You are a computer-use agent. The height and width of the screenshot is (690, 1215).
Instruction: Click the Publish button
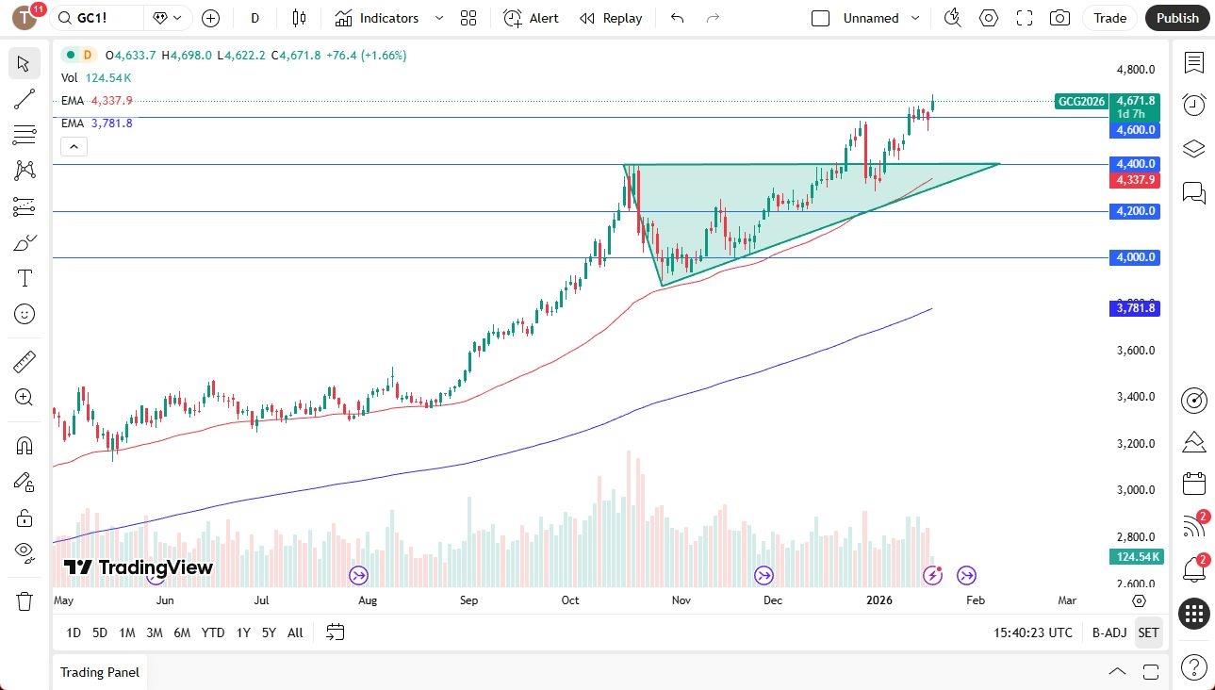coord(1177,18)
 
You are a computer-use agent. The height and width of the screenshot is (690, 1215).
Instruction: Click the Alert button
coord(532,18)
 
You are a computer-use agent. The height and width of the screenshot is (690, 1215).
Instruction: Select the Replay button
coord(611,18)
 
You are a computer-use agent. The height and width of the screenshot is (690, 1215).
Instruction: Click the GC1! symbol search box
coord(98,18)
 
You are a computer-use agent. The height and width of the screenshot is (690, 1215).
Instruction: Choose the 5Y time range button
coord(269,632)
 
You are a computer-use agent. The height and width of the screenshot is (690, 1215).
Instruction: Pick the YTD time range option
coord(213,632)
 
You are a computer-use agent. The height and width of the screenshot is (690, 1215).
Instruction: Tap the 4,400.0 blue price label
coord(1135,164)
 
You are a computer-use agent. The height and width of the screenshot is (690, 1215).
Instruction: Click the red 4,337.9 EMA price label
coord(1135,180)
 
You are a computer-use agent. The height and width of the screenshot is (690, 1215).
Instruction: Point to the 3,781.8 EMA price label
coord(1135,308)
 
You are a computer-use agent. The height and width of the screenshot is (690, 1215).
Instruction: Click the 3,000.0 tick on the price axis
coord(1135,490)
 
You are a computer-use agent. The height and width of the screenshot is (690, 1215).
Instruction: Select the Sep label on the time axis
coord(468,600)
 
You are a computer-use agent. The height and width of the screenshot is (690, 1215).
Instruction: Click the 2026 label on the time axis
coord(878,600)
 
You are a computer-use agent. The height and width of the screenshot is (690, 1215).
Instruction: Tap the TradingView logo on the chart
coord(139,567)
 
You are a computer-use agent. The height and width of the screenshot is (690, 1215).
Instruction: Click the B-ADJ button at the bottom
coord(1108,632)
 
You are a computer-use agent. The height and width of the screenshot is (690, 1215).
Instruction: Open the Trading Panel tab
coord(100,672)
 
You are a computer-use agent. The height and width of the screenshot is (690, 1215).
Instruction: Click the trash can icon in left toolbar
coord(25,600)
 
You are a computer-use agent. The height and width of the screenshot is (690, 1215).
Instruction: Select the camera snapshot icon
coord(1059,18)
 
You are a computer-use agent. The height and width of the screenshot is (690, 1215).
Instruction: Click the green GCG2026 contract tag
coord(1080,102)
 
